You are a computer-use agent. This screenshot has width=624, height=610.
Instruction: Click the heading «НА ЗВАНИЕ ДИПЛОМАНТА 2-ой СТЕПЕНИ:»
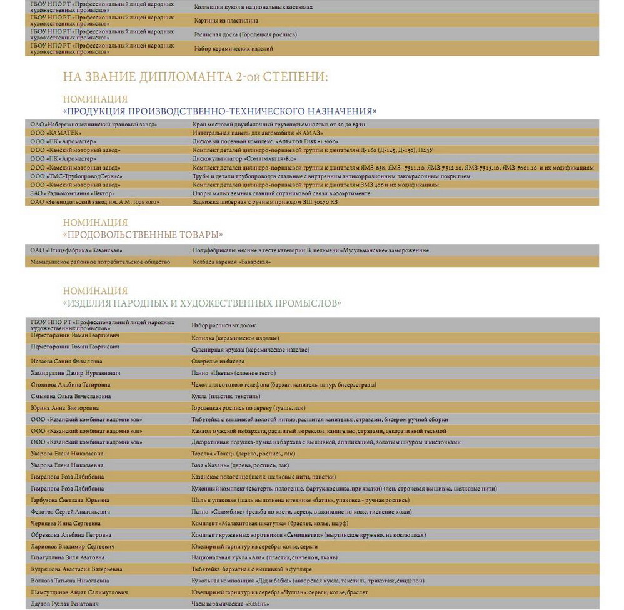pos(195,78)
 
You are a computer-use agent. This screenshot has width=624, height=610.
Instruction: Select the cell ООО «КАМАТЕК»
pos(56,133)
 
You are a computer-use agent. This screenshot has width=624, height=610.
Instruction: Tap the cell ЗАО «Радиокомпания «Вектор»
pos(73,193)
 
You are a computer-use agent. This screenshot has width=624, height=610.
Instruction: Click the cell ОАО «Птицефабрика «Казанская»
pos(76,250)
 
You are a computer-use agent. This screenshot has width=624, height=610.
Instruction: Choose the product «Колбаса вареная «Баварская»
pos(231,262)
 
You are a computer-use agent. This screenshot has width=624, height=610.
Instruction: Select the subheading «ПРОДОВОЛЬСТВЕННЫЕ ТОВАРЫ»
pos(143,235)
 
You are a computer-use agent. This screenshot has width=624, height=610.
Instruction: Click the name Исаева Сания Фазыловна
pos(67,362)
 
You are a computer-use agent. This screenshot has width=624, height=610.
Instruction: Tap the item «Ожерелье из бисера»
pos(218,362)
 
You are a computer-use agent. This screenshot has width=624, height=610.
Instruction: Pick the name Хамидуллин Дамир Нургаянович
pos(76,373)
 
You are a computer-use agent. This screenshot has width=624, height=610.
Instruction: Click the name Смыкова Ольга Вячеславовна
pos(71,396)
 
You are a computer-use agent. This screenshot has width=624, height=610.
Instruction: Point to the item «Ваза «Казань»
pos(240,465)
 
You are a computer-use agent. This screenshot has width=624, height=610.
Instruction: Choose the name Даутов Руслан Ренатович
pos(65,604)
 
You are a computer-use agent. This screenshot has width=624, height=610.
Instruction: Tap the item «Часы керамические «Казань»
pos(230,604)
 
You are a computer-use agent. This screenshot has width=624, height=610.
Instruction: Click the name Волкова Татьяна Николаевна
pos(71,581)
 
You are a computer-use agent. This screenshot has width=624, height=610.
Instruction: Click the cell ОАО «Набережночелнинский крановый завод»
pos(94,125)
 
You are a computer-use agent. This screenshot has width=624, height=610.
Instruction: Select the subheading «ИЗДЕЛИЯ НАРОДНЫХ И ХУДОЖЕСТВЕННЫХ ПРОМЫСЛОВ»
pos(202,303)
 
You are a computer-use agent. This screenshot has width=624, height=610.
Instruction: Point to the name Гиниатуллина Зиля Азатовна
pos(68,557)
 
